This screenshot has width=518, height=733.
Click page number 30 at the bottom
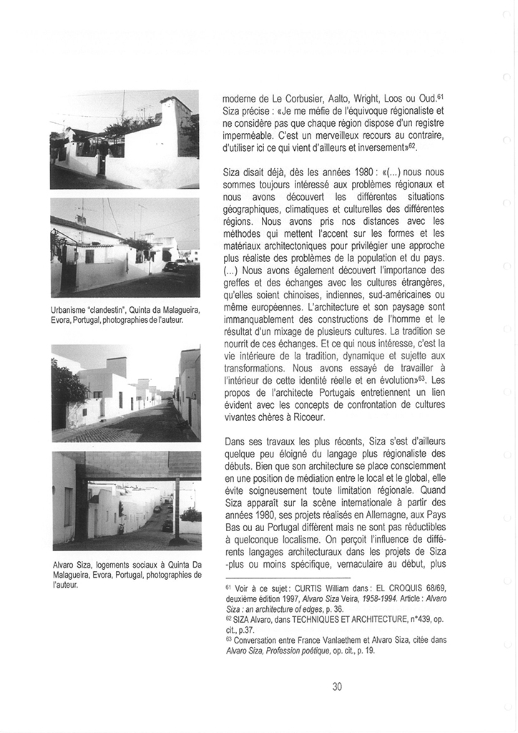337,686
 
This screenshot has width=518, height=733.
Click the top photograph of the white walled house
124,139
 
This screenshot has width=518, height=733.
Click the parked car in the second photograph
170,266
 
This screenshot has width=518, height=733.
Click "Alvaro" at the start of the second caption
65,564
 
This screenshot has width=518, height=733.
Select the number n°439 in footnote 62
416,619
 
